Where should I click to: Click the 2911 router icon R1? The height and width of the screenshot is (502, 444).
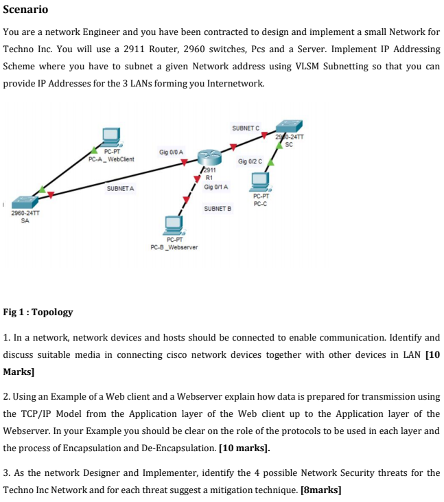[x=209, y=157]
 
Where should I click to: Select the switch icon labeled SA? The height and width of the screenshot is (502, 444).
[x=25, y=202]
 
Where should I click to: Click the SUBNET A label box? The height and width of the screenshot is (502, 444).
[x=121, y=187]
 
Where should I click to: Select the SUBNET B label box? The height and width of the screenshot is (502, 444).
[x=218, y=207]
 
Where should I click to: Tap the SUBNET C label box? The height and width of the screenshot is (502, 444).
[x=246, y=128]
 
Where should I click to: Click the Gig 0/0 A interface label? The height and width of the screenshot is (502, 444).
[x=171, y=151]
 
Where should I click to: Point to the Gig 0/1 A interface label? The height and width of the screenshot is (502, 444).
[x=216, y=187]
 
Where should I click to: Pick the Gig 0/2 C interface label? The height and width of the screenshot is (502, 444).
[x=250, y=161]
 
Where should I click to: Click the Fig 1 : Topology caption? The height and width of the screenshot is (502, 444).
[x=38, y=312]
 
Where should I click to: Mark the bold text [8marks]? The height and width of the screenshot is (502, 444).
[x=321, y=490]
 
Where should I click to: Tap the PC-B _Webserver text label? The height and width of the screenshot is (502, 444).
[x=174, y=247]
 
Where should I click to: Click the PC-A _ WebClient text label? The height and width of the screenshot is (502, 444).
[x=112, y=159]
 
